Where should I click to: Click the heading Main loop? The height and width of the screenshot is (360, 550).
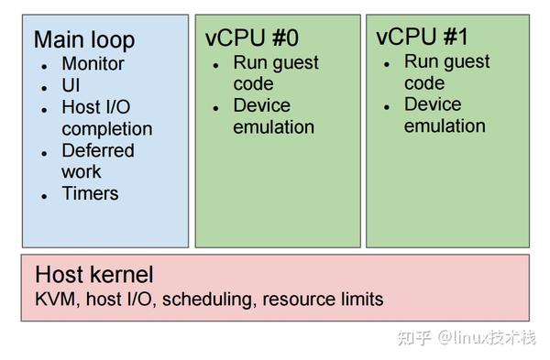(x=83, y=39)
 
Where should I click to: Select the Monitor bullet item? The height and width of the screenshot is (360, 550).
(x=93, y=64)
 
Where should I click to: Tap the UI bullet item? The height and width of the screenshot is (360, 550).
(x=71, y=86)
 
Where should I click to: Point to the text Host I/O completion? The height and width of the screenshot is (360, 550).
(x=106, y=118)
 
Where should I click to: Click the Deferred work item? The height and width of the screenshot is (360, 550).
(x=97, y=161)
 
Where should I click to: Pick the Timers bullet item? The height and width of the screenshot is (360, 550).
(x=90, y=193)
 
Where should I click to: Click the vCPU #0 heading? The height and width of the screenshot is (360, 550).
(x=253, y=38)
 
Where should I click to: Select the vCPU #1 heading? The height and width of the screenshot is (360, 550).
(x=423, y=37)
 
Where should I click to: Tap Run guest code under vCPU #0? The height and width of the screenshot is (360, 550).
(x=275, y=73)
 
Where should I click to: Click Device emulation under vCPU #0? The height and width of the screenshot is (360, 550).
(x=273, y=116)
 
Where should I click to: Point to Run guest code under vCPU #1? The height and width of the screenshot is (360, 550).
(x=446, y=72)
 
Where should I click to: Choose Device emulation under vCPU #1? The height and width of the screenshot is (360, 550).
(x=445, y=115)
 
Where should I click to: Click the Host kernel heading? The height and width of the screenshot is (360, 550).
(x=93, y=274)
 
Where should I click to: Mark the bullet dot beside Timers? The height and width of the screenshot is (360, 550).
(x=43, y=195)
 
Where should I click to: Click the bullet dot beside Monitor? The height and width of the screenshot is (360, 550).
(x=43, y=66)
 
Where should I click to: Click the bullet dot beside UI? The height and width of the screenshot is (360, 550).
(x=43, y=87)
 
